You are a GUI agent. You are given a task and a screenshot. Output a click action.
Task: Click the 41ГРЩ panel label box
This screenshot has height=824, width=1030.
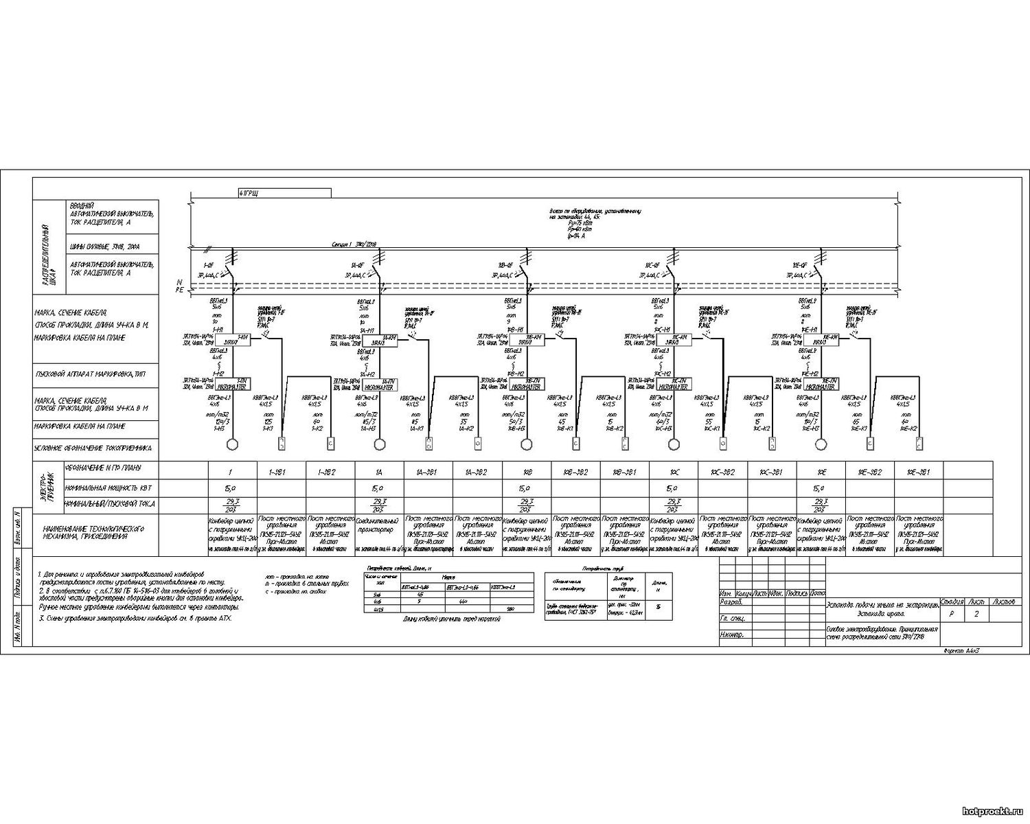[284, 192]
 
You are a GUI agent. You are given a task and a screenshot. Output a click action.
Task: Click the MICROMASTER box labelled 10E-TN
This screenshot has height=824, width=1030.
[821, 384]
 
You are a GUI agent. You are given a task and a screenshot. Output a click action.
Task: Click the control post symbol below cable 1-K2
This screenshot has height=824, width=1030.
[330, 444]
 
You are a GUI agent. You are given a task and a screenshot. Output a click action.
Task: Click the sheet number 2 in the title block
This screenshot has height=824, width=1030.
[976, 615]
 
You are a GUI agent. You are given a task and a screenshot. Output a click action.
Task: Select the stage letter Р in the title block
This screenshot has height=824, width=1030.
[950, 615]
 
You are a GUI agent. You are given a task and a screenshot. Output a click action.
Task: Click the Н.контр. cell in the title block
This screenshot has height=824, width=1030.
[733, 635]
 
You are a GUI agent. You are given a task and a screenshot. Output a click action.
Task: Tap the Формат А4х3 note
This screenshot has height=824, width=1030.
[961, 649]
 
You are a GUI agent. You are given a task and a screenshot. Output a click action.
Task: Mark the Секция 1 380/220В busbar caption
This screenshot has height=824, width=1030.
[355, 244]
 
